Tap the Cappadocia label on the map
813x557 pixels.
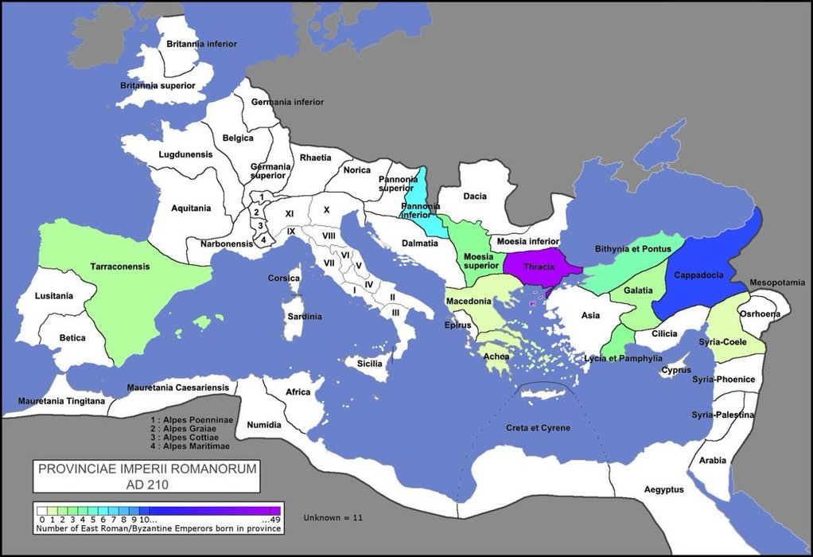click(698, 275)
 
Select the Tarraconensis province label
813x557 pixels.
click(120, 267)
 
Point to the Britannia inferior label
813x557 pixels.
click(201, 44)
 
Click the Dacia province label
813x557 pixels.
click(475, 197)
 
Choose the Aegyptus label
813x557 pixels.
click(663, 489)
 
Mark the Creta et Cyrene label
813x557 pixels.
click(538, 428)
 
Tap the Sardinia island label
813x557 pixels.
click(305, 316)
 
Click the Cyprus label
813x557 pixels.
click(677, 370)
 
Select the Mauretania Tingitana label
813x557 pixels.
click(61, 401)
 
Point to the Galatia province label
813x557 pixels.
click(637, 290)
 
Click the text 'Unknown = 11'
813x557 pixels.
click(333, 518)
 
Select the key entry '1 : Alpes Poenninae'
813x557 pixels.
click(189, 418)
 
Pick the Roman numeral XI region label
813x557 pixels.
click(290, 213)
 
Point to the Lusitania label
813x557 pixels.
click(54, 296)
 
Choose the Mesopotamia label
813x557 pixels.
click(775, 282)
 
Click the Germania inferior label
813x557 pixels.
click(287, 102)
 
